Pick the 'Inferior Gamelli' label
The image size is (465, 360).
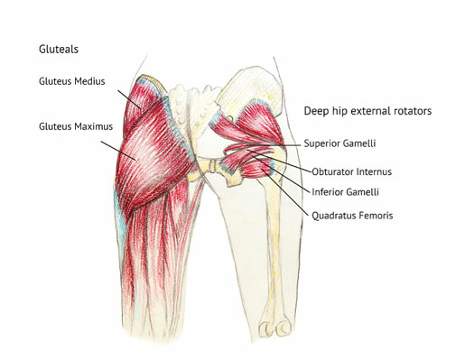tap(343, 192)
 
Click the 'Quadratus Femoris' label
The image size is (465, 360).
tap(353, 215)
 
